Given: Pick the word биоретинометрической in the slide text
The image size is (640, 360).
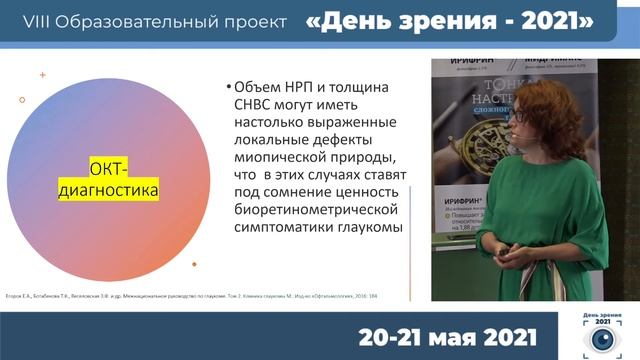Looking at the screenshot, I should pos(314,208).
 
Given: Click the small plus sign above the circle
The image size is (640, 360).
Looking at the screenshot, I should pos(42,75).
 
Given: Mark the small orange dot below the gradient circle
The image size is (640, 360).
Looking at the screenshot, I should pos(195,264).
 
